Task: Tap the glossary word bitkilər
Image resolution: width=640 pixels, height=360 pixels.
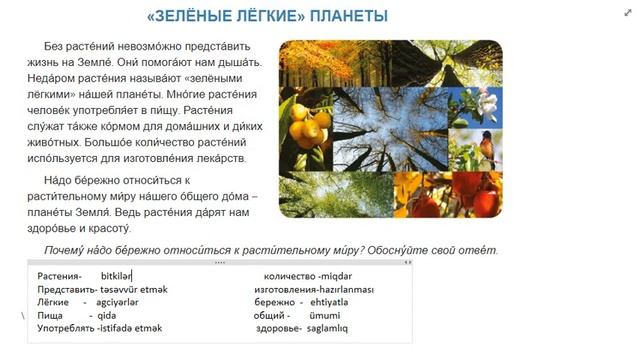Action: point(116,275)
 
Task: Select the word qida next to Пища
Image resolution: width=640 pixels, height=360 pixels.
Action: point(108,314)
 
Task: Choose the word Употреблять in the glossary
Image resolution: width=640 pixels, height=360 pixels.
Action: point(65,327)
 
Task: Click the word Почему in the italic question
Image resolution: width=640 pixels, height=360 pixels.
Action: point(69,250)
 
